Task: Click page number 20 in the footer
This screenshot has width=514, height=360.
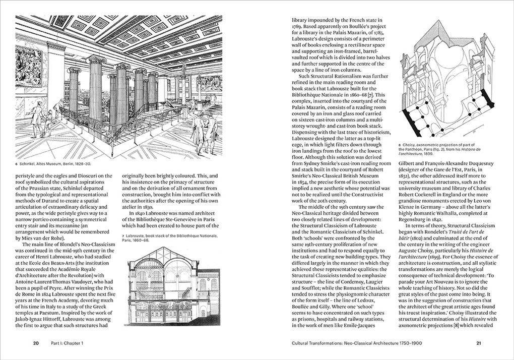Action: coord(36,343)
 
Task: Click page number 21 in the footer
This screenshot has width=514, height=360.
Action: coord(479,343)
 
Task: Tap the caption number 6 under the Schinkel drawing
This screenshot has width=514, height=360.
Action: coord(17,163)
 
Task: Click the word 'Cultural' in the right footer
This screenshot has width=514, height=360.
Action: coord(304,343)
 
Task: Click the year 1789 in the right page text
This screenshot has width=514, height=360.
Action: coord(298,29)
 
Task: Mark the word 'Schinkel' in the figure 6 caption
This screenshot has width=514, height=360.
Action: coord(30,163)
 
